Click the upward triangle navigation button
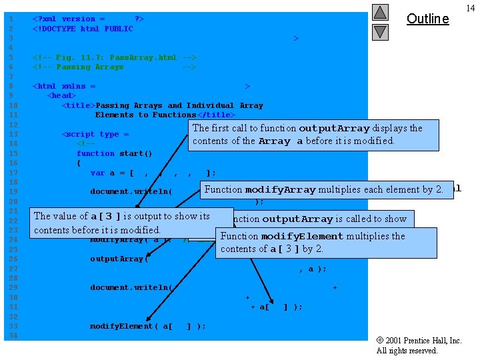(x=380, y=12)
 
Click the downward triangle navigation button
(x=380, y=31)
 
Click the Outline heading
(x=427, y=19)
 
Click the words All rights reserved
(x=407, y=351)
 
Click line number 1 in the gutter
(x=11, y=19)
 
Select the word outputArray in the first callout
(x=334, y=128)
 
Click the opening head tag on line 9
(x=61, y=95)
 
